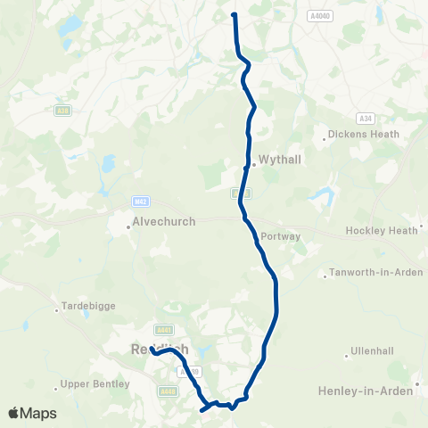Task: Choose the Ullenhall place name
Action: [x=372, y=349]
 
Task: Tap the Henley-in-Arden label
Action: [x=366, y=391]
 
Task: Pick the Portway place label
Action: [x=281, y=236]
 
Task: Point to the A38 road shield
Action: [x=62, y=111]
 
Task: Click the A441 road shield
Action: [x=161, y=328]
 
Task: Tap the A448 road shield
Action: [x=168, y=390]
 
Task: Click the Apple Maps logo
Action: [x=32, y=413]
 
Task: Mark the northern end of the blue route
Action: [x=234, y=14]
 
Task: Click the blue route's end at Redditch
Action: [x=152, y=350]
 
